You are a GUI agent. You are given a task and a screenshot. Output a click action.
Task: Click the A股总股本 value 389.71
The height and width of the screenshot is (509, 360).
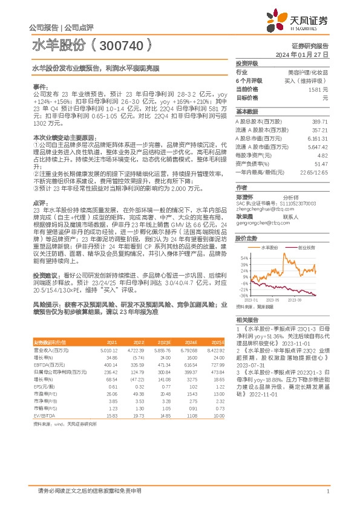tap(319, 122)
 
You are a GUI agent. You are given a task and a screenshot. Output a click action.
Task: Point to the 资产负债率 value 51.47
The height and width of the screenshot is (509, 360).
tap(320, 164)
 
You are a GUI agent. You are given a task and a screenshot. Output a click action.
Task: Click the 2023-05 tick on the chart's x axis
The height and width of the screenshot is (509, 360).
tap(272, 299)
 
